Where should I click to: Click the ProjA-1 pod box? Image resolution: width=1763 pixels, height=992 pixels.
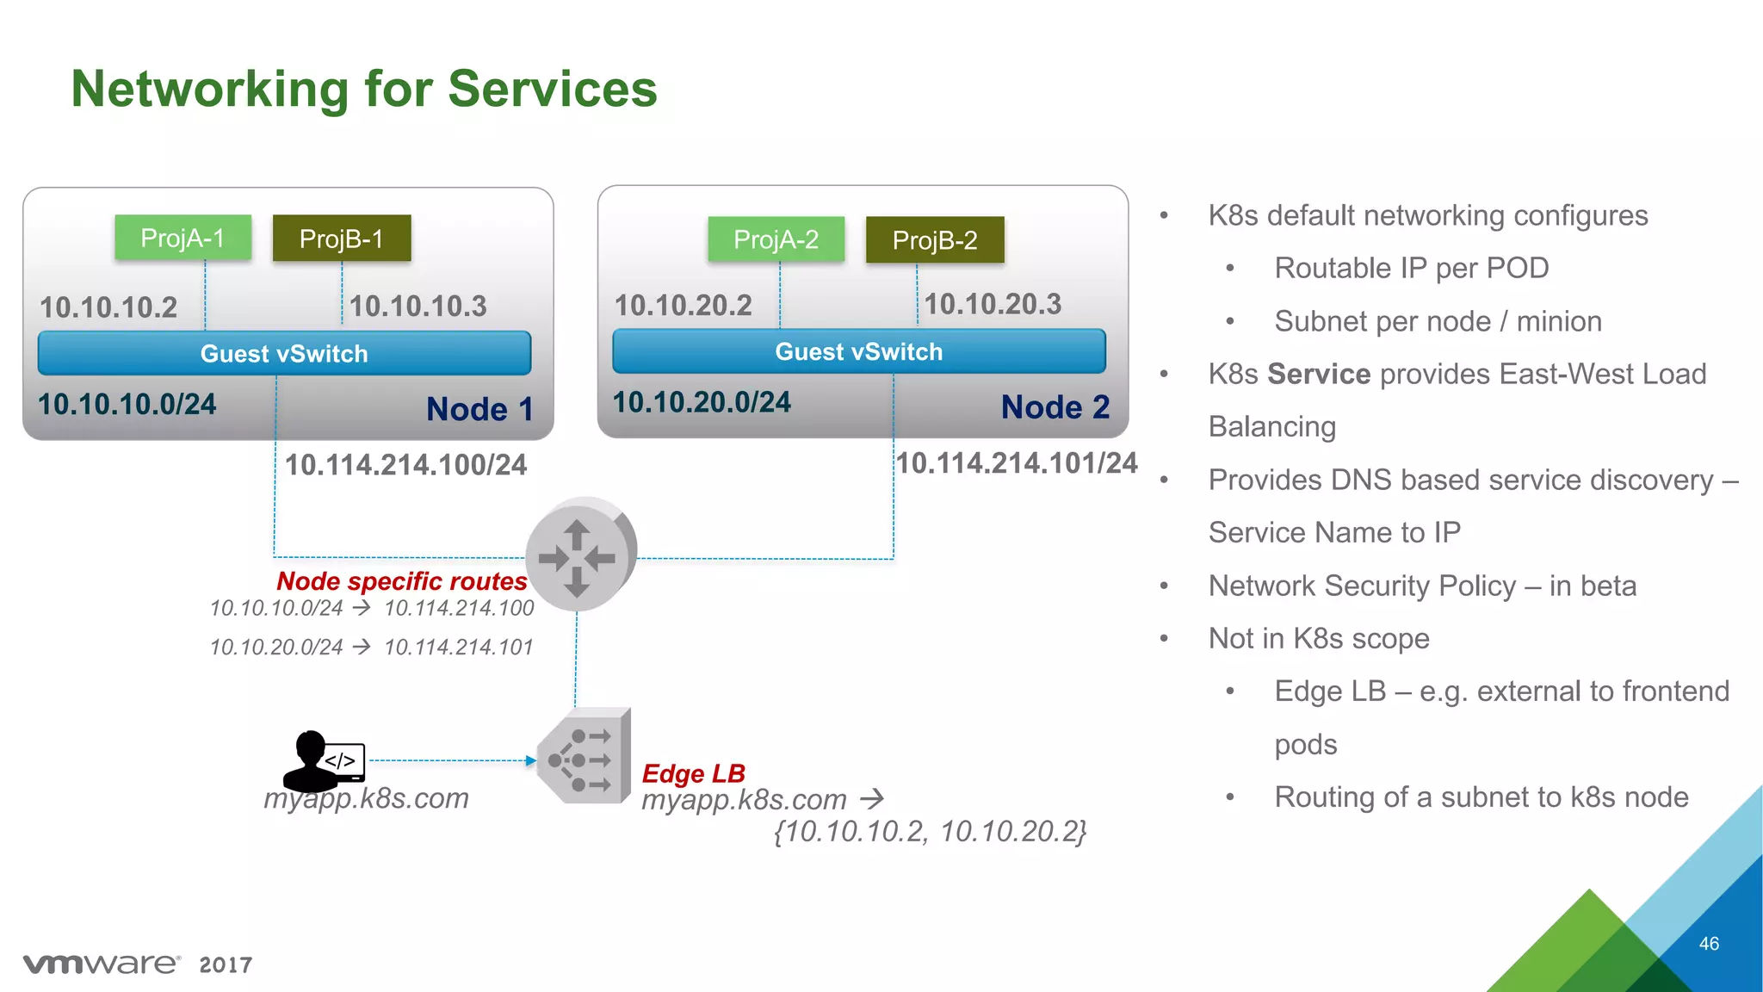click(182, 238)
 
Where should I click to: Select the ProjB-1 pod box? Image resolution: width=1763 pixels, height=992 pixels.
click(342, 239)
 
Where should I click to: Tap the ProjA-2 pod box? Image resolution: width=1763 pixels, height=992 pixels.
click(776, 239)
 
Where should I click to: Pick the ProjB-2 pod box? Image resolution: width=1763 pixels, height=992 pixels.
click(935, 240)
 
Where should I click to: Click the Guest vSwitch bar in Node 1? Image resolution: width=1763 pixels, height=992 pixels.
click(284, 353)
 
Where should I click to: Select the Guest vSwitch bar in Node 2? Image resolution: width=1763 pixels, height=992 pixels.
click(858, 351)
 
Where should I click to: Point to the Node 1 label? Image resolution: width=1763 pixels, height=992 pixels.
click(479, 409)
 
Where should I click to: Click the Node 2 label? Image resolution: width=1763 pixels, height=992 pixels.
click(1055, 407)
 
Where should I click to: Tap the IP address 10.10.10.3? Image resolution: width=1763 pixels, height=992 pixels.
click(418, 306)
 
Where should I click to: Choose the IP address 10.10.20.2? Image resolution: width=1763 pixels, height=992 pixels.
click(683, 305)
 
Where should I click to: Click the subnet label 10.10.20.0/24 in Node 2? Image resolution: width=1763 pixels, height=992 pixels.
click(702, 402)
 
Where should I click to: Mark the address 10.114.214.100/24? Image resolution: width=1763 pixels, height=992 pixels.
click(405, 465)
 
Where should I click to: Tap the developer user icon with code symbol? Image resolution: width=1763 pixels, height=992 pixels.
click(324, 760)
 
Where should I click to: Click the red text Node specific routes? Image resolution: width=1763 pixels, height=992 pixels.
click(401, 581)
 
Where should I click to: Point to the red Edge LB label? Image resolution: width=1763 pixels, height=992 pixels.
click(693, 773)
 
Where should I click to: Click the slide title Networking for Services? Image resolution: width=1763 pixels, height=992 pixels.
click(364, 89)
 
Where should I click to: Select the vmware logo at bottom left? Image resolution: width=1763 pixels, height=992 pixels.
click(102, 964)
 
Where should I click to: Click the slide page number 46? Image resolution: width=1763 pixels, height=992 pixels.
click(1709, 944)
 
